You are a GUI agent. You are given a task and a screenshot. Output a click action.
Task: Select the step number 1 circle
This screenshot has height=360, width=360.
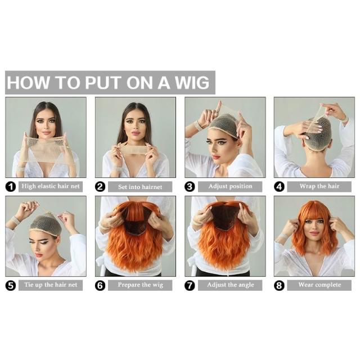coord(11,187)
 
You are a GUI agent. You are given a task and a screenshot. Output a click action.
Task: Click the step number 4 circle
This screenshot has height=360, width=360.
coord(279,187)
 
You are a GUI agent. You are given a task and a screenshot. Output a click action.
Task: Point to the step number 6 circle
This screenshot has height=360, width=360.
coord(100,285)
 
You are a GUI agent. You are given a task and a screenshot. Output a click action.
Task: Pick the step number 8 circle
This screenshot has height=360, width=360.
coord(279,285)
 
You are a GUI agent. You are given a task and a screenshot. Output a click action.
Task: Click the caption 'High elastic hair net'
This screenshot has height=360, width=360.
coord(51,186)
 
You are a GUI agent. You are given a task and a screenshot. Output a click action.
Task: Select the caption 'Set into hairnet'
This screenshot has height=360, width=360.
coord(140,187)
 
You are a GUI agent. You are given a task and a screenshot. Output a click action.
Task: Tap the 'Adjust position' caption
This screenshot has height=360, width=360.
coord(230,186)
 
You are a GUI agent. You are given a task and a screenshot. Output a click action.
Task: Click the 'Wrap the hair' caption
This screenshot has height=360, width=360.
coord(319,186)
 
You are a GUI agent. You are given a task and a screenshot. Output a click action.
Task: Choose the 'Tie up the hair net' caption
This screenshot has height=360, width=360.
coord(51,285)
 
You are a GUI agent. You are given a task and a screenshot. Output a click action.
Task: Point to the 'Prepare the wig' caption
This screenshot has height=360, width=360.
coord(140,285)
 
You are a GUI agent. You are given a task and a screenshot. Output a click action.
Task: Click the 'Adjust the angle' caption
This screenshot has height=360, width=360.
coord(231,285)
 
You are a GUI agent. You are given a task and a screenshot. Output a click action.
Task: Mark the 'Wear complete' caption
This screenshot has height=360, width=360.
coord(319,285)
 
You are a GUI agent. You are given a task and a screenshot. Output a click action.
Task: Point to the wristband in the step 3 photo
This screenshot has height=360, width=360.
coord(197,125)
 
